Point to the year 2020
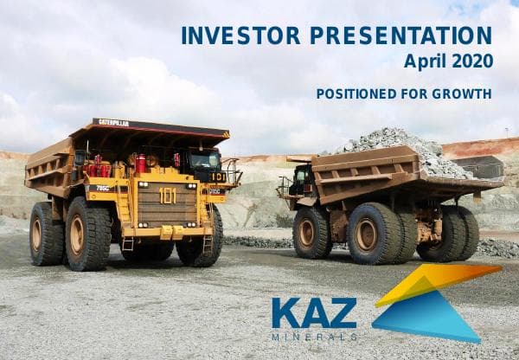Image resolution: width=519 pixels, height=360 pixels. [x=473, y=61]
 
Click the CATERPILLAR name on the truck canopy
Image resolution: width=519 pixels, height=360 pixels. [x=113, y=123]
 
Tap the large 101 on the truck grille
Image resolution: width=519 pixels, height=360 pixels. [x=167, y=195]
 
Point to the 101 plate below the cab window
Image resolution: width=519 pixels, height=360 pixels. [x=218, y=177]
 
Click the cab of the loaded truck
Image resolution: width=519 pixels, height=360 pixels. [x=301, y=180]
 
